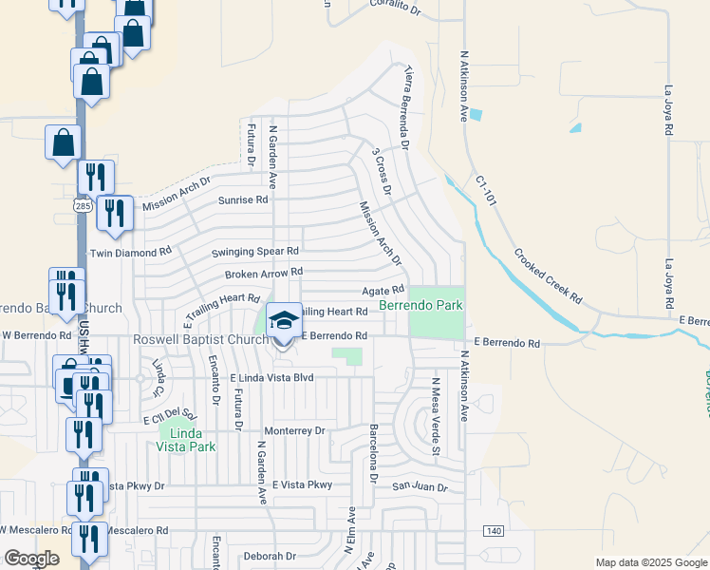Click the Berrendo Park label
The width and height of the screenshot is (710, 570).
coord(420,306)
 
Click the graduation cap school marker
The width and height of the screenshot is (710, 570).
coord(284,319)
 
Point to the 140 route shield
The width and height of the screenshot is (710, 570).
coord(493,530)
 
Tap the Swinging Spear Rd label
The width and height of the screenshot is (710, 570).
coord(254,252)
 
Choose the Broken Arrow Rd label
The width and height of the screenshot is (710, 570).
coord(263,274)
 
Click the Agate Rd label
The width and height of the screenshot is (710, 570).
coord(383,290)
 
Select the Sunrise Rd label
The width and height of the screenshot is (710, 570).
coord(244,200)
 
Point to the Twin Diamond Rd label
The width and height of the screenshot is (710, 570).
coord(130,253)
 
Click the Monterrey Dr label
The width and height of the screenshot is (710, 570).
coord(294,430)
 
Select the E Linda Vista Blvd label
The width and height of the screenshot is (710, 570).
coord(272,377)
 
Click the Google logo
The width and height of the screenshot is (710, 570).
coord(31,559)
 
